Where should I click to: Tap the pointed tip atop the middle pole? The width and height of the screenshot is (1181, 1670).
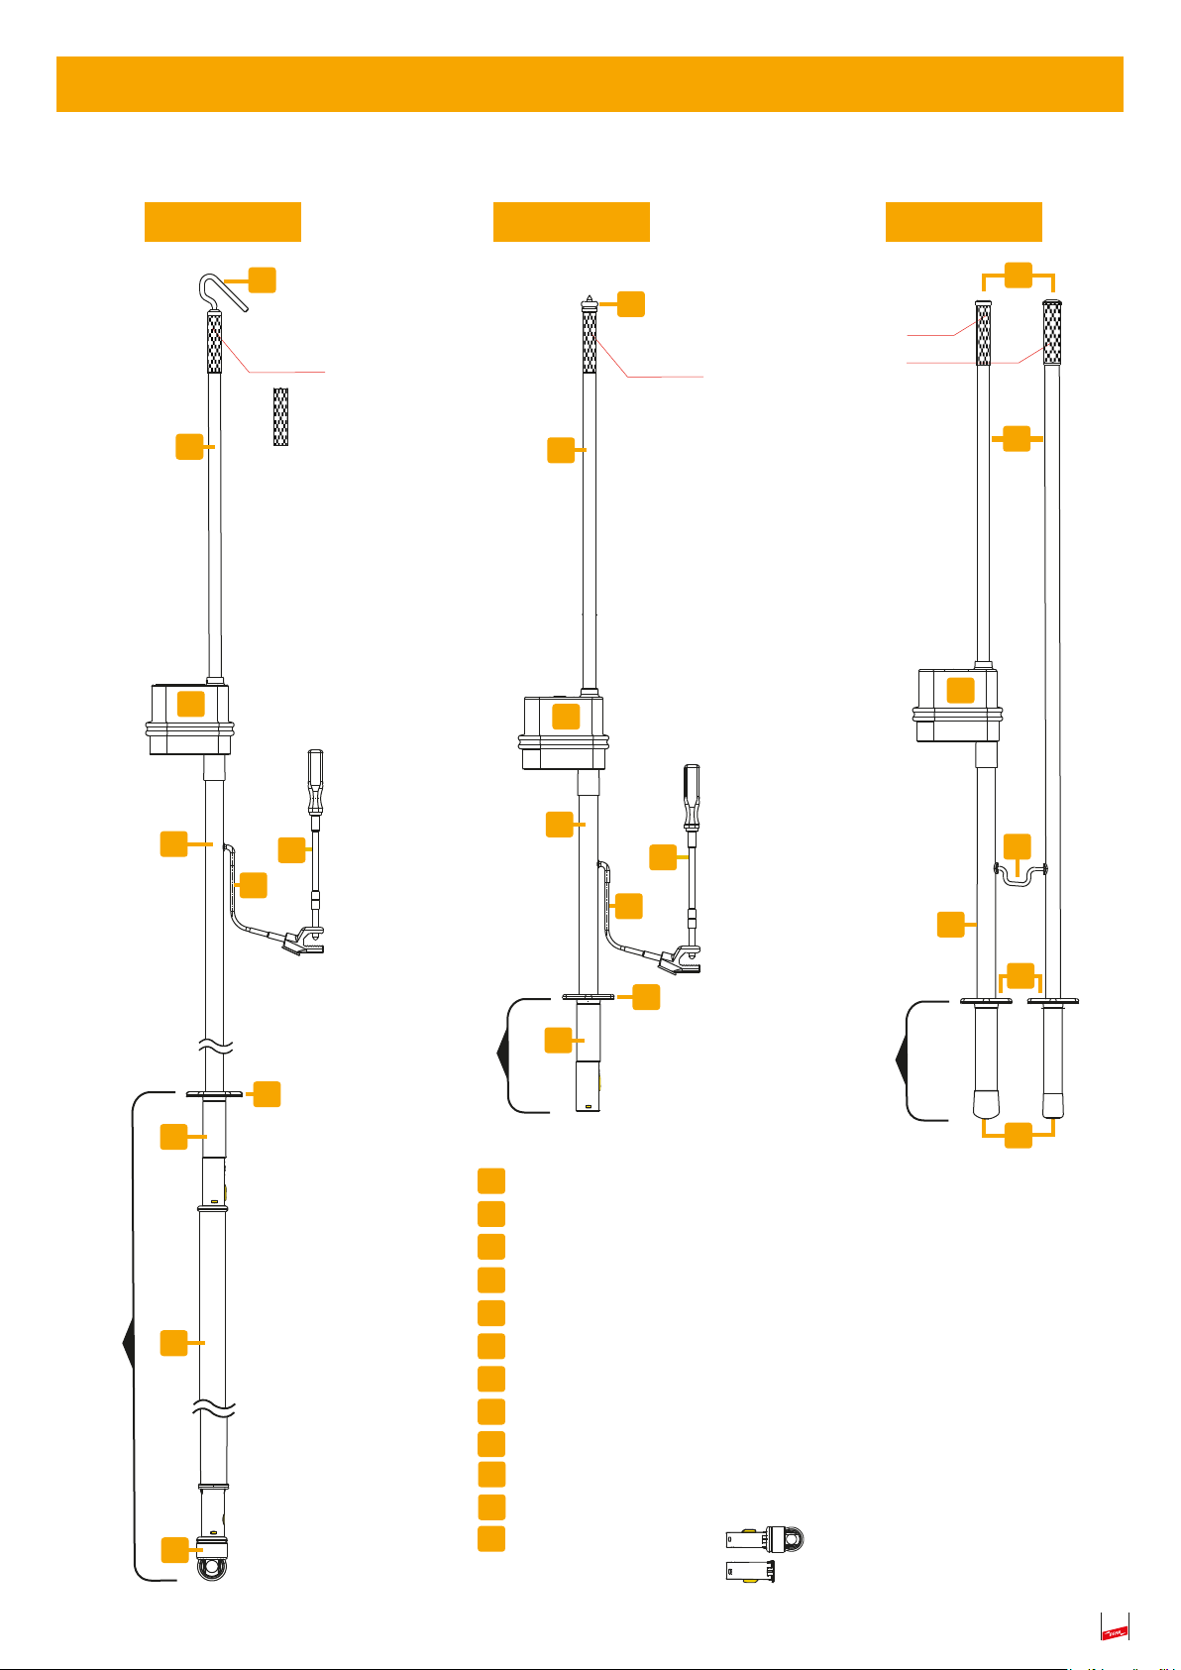point(590,298)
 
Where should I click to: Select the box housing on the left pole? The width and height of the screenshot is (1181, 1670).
point(189,718)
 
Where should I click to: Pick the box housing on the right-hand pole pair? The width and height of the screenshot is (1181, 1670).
point(957,705)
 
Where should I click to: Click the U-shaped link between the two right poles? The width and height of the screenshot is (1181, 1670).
point(1019,874)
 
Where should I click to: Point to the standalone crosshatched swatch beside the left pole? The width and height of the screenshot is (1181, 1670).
point(280,416)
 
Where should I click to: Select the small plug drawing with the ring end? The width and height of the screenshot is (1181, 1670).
point(766,1538)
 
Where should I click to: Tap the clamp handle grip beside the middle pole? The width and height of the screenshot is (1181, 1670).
point(694,792)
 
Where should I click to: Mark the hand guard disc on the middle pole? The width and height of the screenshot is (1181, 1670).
point(589,997)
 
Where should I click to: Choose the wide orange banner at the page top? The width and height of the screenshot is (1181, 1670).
point(590,84)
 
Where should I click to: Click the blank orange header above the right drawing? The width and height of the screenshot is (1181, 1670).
point(963,222)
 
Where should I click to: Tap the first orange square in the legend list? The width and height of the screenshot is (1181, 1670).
point(490,1180)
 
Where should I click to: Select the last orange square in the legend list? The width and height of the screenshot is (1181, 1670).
point(490,1538)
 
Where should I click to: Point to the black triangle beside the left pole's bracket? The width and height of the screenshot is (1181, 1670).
point(127,1344)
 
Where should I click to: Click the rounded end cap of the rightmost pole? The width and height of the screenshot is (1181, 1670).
point(1053,1103)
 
